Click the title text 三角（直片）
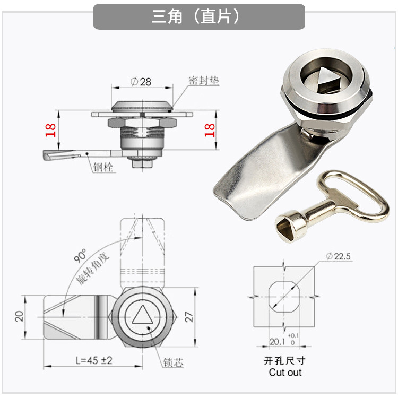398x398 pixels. click(195, 17)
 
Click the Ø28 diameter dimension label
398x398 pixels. click(141, 82)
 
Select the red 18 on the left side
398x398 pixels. click(50, 130)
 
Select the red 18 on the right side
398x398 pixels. click(210, 130)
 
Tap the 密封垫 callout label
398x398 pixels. click(204, 81)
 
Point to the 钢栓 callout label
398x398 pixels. click(103, 167)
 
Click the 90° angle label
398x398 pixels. click(80, 255)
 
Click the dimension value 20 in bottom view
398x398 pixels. click(20, 316)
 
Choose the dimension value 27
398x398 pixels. click(189, 317)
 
